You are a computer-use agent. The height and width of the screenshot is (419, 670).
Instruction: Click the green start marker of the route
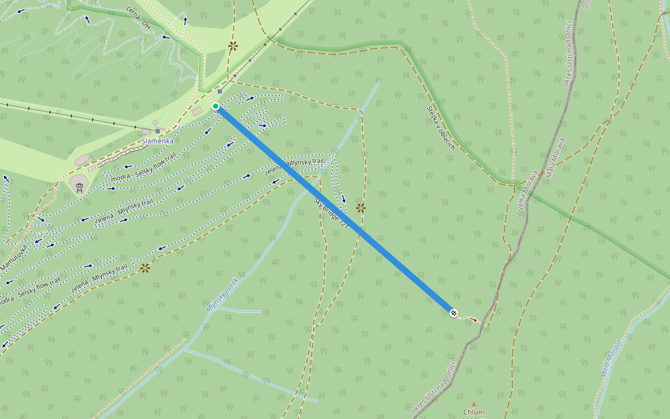(216, 106)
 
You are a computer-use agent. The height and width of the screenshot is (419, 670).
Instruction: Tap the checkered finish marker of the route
(454, 313)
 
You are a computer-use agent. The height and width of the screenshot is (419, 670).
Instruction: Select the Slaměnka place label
(157, 140)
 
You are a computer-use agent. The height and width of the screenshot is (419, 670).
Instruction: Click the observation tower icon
(79, 186)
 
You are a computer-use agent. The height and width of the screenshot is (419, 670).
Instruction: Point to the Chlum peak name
(473, 412)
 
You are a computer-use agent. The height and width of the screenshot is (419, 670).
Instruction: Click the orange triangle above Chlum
(474, 404)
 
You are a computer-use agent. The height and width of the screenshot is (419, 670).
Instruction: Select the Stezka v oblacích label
(441, 128)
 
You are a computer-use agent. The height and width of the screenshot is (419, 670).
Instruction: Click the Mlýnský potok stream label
(222, 293)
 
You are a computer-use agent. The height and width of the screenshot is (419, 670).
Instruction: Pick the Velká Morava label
(530, 190)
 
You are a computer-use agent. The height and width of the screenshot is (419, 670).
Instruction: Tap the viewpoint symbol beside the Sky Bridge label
(360, 207)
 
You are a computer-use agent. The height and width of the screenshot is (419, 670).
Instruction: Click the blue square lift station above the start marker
(220, 91)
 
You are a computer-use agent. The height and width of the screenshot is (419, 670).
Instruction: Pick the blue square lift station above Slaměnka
(158, 131)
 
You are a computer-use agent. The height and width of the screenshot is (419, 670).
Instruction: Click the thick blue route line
(335, 209)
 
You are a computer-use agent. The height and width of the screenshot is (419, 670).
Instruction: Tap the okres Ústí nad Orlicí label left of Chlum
(433, 387)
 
